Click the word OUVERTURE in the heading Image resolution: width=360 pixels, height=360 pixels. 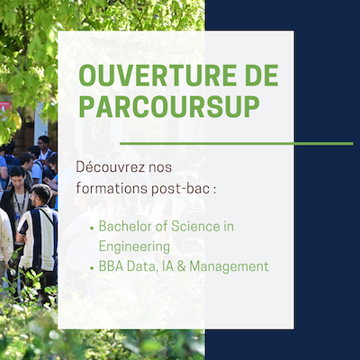151,76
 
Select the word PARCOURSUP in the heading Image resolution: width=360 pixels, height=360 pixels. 169,106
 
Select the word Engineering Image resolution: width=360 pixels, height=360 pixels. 134,247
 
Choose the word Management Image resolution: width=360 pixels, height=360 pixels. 229,266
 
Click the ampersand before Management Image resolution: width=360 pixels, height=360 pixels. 182,266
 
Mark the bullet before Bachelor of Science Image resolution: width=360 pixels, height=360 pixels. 92,228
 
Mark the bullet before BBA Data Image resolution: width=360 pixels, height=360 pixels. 92,268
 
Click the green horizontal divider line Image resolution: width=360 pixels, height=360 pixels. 237,144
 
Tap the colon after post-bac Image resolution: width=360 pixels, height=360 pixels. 214,191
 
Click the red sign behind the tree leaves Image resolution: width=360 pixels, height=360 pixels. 5,110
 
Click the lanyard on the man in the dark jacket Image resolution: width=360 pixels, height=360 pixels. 21,204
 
